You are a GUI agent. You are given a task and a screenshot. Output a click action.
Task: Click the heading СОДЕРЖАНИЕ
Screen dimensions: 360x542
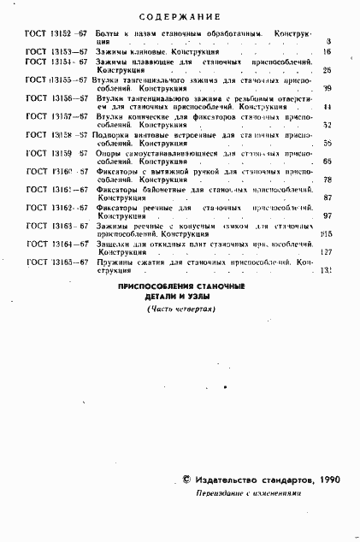coord(180,16)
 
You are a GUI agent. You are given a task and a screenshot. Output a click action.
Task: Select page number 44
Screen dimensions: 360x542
coord(328,107)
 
